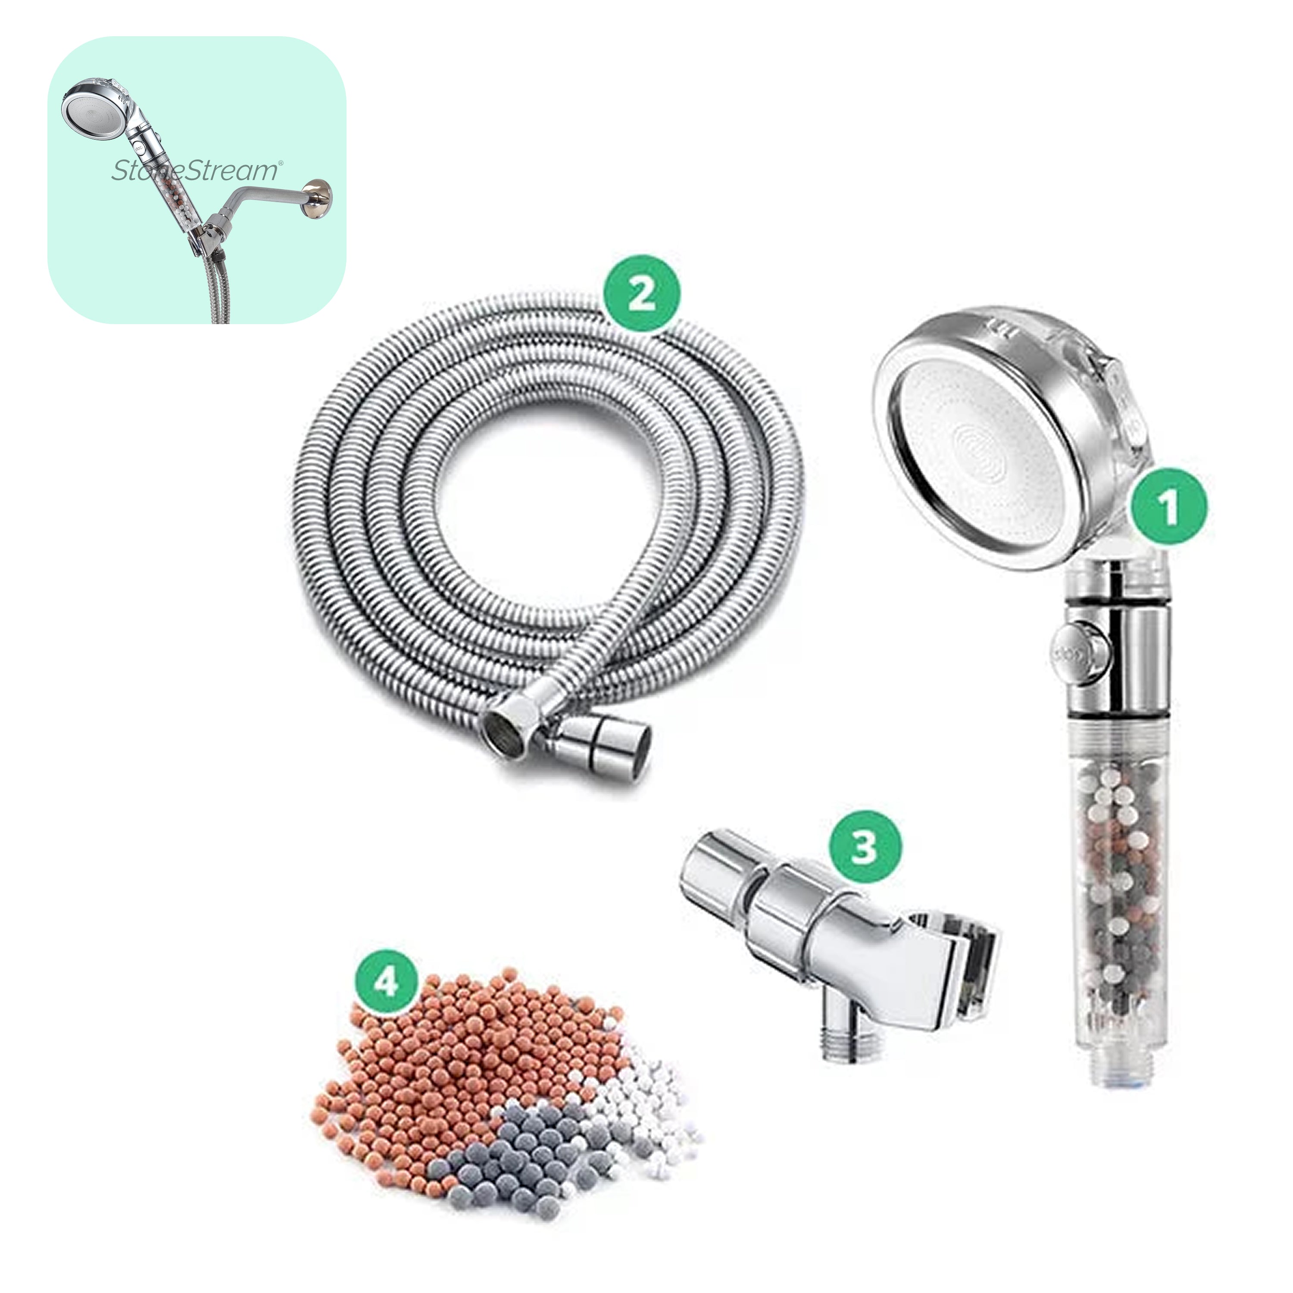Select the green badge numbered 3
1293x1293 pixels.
coord(863,846)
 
